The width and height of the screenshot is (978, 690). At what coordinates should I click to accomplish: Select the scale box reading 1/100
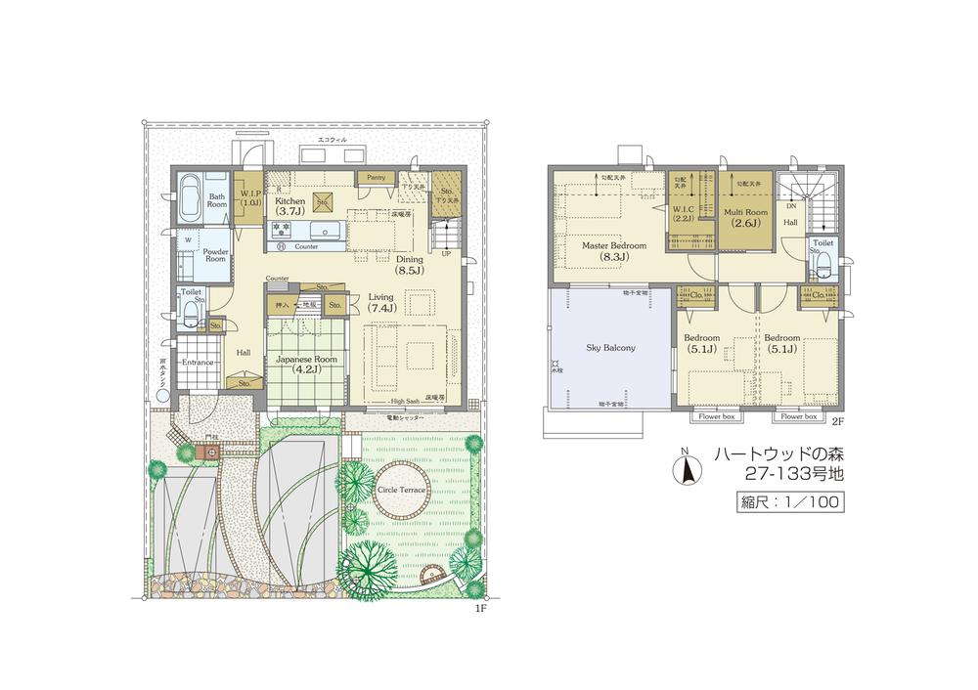pyautogui.click(x=788, y=502)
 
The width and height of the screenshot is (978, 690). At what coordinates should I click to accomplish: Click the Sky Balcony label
pyautogui.click(x=611, y=347)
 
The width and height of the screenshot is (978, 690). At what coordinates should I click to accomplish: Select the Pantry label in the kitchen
pyautogui.click(x=377, y=178)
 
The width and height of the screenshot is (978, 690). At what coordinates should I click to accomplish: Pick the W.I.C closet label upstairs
pyautogui.click(x=683, y=213)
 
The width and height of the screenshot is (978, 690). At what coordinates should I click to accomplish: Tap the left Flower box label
pyautogui.click(x=716, y=416)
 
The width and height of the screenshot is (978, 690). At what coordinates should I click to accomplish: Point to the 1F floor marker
pyautogui.click(x=480, y=608)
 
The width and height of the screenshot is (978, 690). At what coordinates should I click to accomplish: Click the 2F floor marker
pyautogui.click(x=837, y=421)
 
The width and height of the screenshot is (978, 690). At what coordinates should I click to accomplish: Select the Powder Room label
pyautogui.click(x=214, y=254)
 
